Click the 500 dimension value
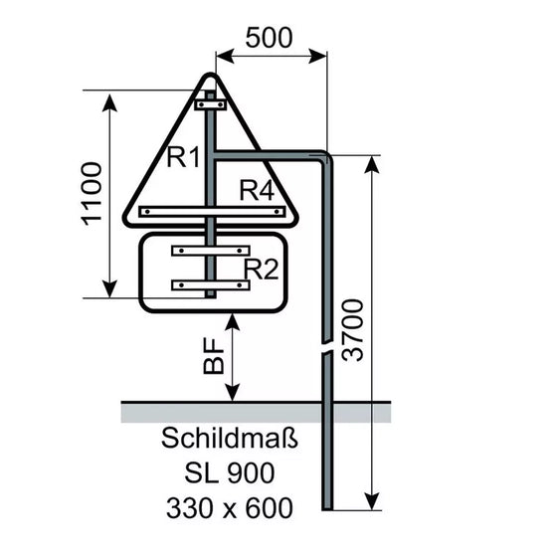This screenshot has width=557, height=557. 269,38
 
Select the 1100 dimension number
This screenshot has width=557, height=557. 92,194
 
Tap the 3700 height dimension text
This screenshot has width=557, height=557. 353,330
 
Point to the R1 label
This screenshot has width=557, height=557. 183,157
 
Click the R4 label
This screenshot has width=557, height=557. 257,190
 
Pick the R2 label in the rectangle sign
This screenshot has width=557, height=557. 261,269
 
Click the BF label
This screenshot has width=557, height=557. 214,356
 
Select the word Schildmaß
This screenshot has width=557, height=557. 230,438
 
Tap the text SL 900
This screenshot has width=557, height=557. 230,472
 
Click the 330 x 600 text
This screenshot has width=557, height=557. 230,508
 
